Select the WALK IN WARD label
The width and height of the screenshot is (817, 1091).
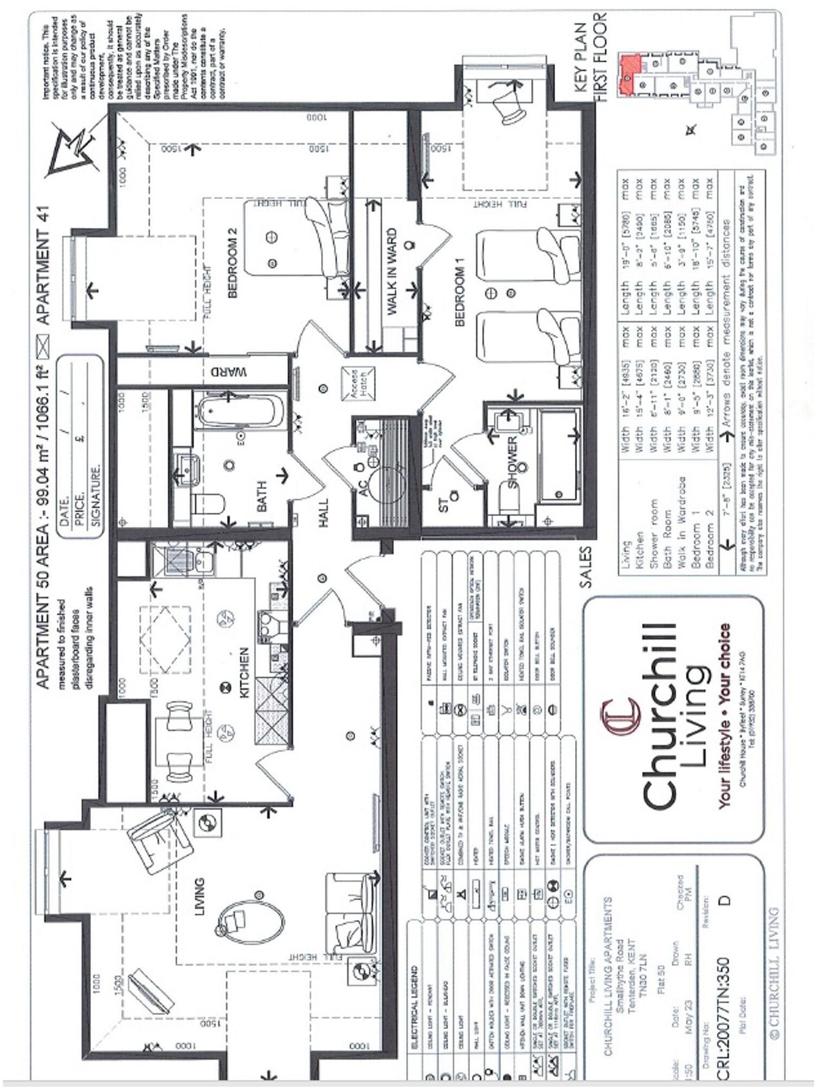[392, 272]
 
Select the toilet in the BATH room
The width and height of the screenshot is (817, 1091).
[209, 504]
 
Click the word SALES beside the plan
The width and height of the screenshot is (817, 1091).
[586, 567]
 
